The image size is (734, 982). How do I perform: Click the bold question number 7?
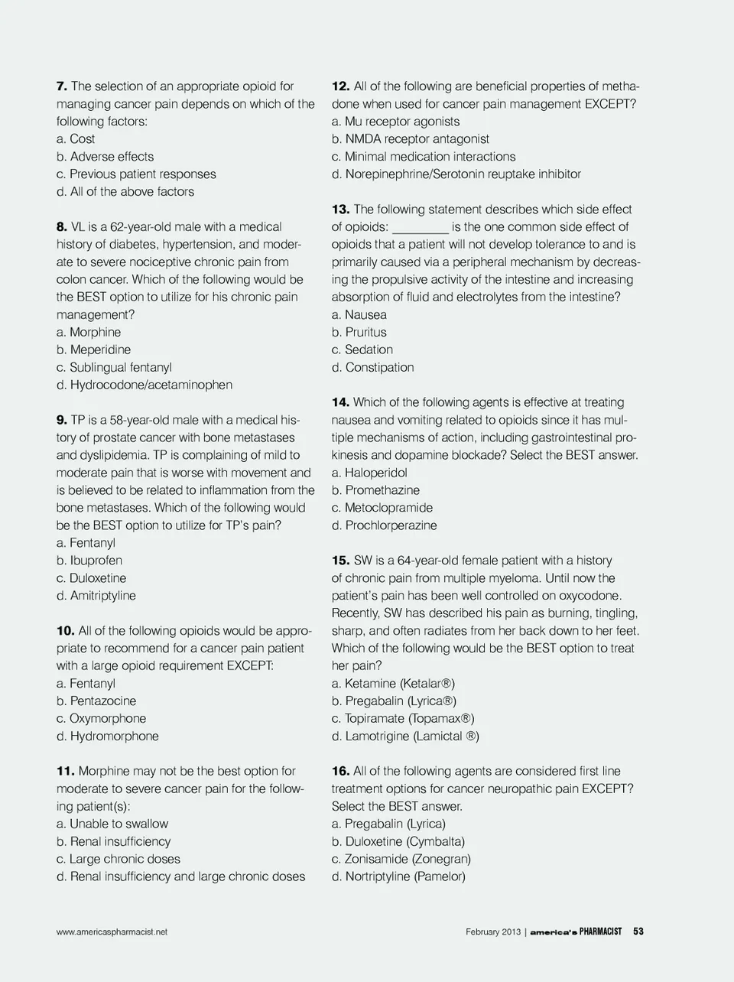pyautogui.click(x=62, y=86)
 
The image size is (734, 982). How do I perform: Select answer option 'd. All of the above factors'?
pyautogui.click(x=125, y=192)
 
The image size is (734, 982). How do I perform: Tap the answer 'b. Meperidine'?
pyautogui.click(x=93, y=350)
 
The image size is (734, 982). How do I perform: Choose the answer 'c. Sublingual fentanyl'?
pyautogui.click(x=114, y=367)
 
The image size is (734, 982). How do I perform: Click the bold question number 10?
pyautogui.click(x=65, y=631)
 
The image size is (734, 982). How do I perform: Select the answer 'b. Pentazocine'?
pyautogui.click(x=96, y=701)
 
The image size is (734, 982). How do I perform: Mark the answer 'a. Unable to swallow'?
pyautogui.click(x=112, y=824)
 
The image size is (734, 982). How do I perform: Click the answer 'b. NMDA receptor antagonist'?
pyautogui.click(x=411, y=139)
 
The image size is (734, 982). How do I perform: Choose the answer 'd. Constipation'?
pyautogui.click(x=373, y=367)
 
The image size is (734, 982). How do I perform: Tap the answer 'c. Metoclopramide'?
pyautogui.click(x=382, y=508)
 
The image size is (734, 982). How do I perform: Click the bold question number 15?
pyautogui.click(x=341, y=561)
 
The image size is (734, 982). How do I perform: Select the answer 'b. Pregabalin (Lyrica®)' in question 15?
pyautogui.click(x=394, y=701)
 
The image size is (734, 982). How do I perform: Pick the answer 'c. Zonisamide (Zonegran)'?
pyautogui.click(x=401, y=859)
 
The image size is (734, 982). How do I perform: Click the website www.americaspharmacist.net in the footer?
pyautogui.click(x=112, y=932)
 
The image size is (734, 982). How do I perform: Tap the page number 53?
pyautogui.click(x=638, y=932)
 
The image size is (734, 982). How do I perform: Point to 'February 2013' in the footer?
pyautogui.click(x=493, y=932)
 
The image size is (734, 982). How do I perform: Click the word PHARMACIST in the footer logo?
pyautogui.click(x=600, y=932)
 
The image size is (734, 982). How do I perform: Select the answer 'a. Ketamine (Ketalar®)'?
pyautogui.click(x=393, y=684)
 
